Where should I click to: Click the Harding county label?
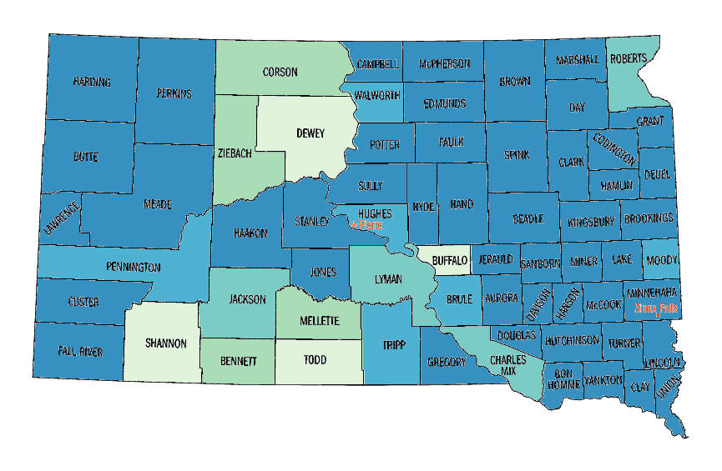[x=92, y=82]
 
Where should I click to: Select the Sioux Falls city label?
[x=655, y=308]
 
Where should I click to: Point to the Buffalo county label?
[x=450, y=260]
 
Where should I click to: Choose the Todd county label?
[x=316, y=360]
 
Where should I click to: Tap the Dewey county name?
[x=310, y=133]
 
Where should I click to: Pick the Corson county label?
[x=280, y=72]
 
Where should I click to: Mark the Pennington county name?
[x=133, y=268]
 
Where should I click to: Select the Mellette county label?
[x=319, y=320]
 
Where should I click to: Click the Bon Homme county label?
[x=563, y=379]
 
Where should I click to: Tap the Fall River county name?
[x=80, y=352]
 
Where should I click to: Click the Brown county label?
[x=515, y=82]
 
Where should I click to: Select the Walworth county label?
[x=377, y=95]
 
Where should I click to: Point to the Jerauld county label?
[x=495, y=260]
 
